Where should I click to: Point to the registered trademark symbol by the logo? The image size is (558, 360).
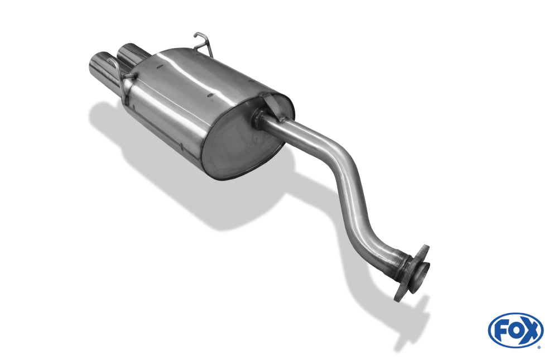[539, 347]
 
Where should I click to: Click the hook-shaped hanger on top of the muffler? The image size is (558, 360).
[204, 44]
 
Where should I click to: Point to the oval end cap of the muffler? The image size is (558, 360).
[244, 143]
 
